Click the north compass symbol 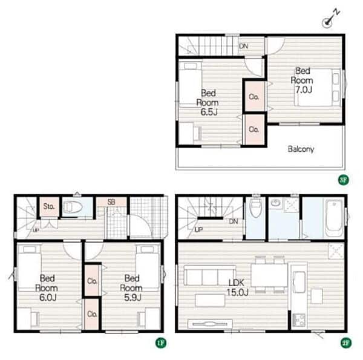[330, 19]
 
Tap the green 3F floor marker [343, 180]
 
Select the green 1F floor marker [161, 343]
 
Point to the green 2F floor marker [346, 343]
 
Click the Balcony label [301, 149]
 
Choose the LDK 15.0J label [237, 287]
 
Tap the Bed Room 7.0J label [302, 80]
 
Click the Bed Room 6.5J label [208, 102]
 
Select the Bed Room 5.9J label [131, 288]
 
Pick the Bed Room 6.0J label [47, 288]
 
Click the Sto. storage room [49, 206]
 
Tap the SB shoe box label [111, 202]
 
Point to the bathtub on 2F [334, 218]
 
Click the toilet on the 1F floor [73, 207]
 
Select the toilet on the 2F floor [255, 208]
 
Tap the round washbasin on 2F [276, 203]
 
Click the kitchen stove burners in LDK [299, 320]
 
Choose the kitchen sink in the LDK [299, 283]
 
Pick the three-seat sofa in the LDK [210, 275]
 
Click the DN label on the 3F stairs [244, 46]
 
